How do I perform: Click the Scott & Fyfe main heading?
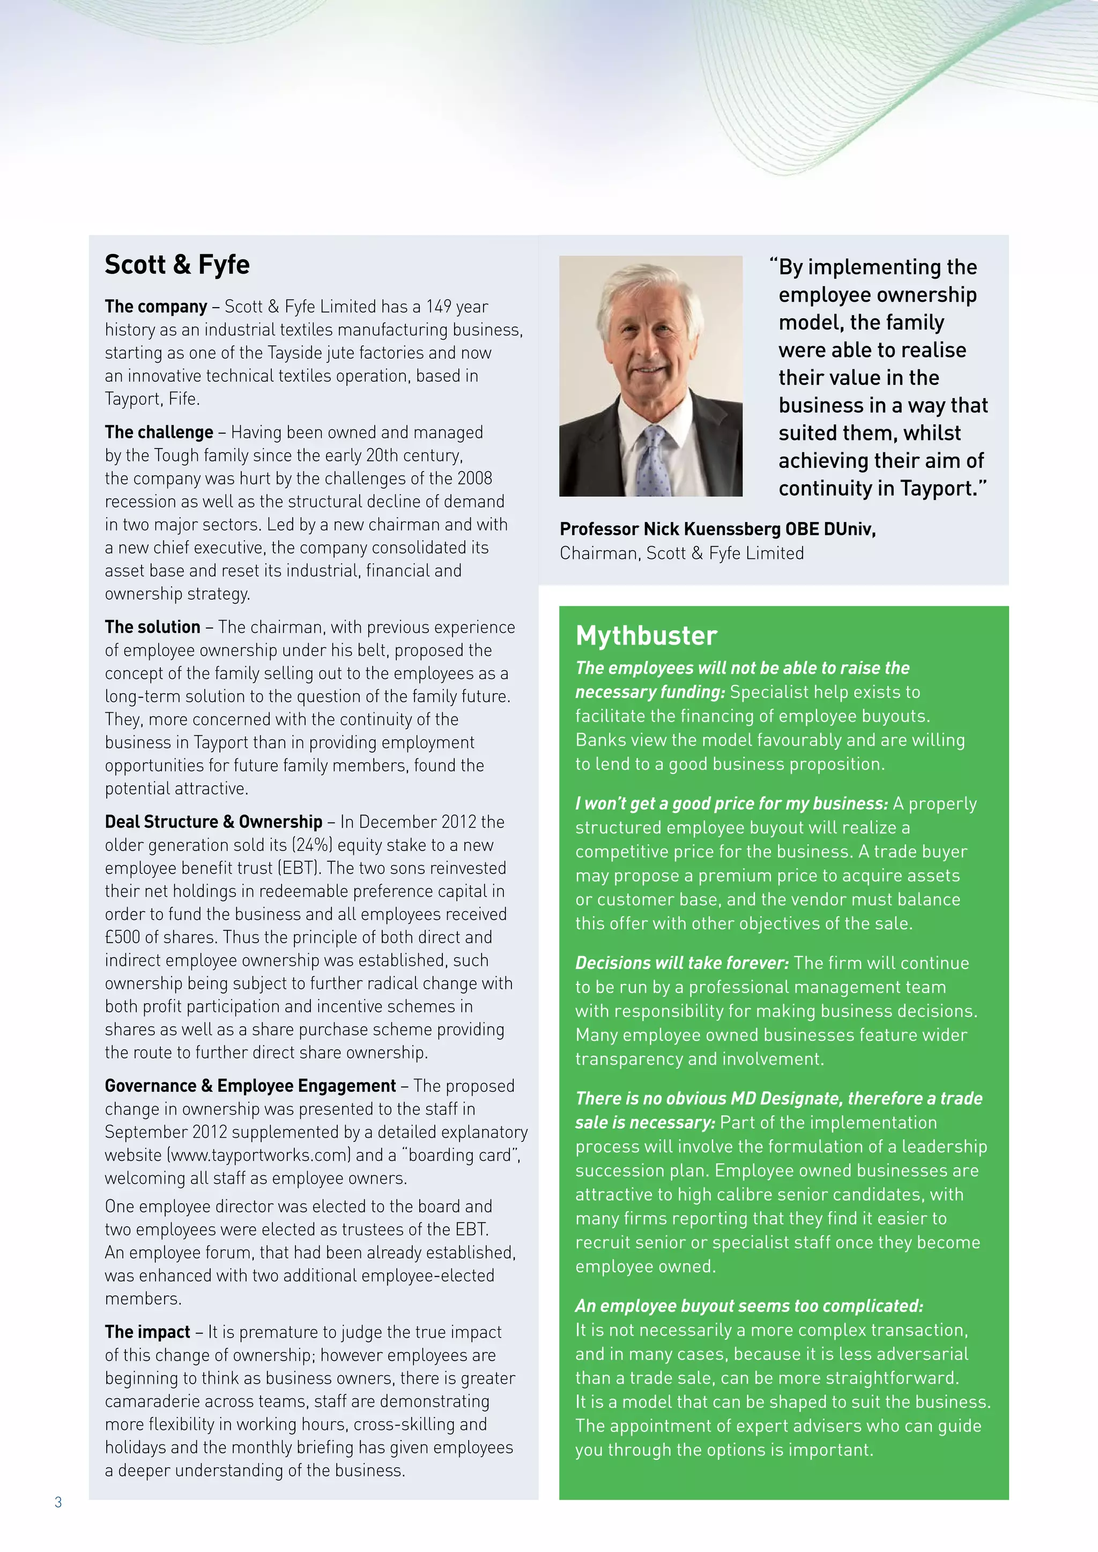click(177, 264)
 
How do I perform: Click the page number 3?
click(58, 1502)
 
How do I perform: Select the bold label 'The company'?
click(155, 307)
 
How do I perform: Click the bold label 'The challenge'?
click(159, 432)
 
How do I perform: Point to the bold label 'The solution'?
click(152, 628)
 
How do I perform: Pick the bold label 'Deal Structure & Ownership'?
click(213, 822)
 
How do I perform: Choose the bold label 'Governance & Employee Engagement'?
click(250, 1086)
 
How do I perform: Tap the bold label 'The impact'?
click(147, 1332)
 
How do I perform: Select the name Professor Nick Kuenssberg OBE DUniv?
click(717, 529)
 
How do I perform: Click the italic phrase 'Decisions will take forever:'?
click(681, 963)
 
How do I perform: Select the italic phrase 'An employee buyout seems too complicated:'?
click(748, 1306)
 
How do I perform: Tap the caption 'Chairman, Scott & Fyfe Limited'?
click(681, 554)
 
